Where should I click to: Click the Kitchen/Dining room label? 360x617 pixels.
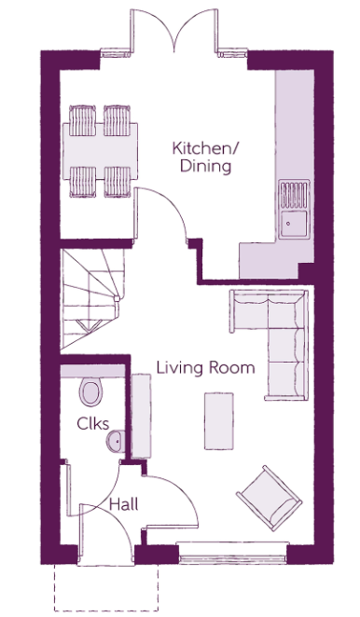pos(205,157)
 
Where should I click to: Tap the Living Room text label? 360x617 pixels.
pos(205,368)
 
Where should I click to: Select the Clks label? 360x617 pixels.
pos(92,424)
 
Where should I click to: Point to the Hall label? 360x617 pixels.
pos(124,504)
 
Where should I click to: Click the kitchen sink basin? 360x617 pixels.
pos(293,224)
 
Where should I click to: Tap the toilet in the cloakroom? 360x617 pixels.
pos(90,392)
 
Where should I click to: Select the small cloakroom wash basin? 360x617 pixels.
pos(116,441)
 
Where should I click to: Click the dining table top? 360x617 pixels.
pos(100,151)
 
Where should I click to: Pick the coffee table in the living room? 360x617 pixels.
pos(218,421)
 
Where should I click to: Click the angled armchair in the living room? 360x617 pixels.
pos(270,498)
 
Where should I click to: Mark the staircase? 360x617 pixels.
pos(92,299)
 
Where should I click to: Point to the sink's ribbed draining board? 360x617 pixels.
pos(294,195)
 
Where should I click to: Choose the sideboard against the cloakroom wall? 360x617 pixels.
pos(141,417)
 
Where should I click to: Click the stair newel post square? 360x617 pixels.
pos(117,298)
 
